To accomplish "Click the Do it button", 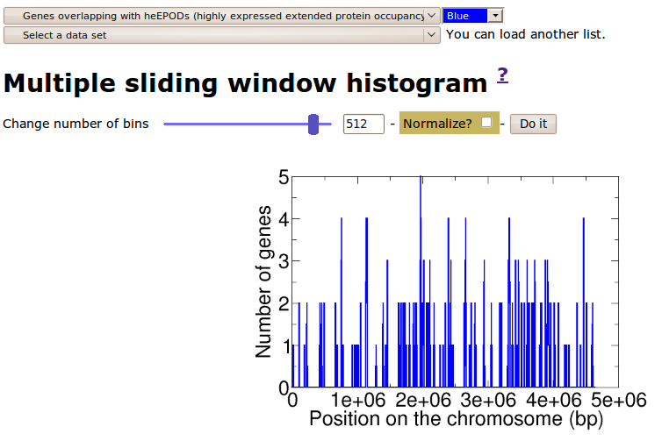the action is click(x=533, y=124).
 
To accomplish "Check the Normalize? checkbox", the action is click(x=486, y=122).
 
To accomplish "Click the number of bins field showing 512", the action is click(x=363, y=124).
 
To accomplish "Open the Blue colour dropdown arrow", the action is click(x=495, y=16).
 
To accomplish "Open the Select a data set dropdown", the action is click(x=221, y=35).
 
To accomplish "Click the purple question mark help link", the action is click(x=502, y=75).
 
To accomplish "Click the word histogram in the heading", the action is click(x=417, y=83).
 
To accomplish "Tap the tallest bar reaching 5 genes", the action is click(x=421, y=281).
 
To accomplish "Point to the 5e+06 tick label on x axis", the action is click(x=618, y=400).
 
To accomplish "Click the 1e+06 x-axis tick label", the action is click(x=358, y=400).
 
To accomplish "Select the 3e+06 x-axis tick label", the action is click(x=488, y=400).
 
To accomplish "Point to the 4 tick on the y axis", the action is click(x=284, y=219).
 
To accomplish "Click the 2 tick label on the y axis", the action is click(x=284, y=303).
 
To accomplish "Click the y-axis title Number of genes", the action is click(x=263, y=282).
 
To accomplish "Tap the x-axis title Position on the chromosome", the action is click(x=435, y=419).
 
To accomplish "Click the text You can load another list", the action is click(x=526, y=34).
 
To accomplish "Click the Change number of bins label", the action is click(x=76, y=124).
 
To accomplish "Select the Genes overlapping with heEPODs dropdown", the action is click(x=221, y=16).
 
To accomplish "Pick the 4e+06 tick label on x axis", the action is click(x=553, y=400).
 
